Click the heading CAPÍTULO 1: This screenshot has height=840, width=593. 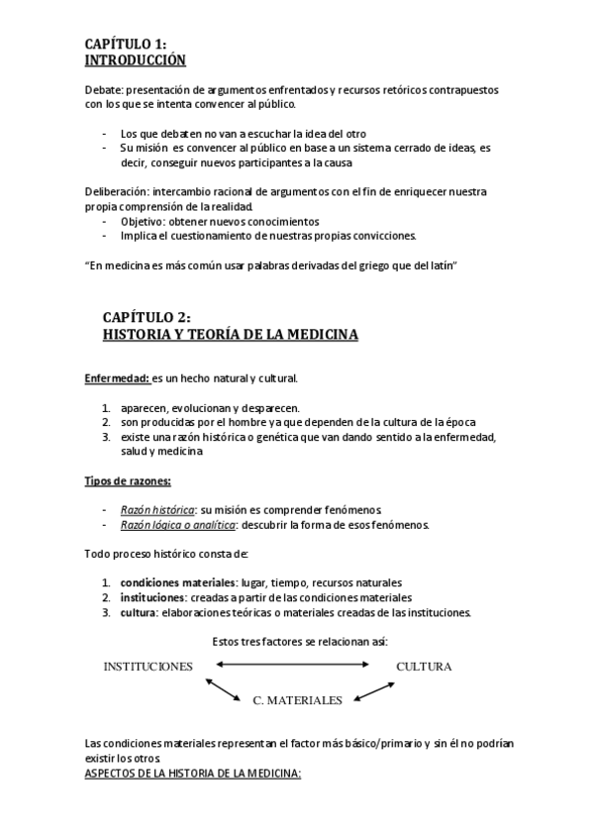click(x=125, y=44)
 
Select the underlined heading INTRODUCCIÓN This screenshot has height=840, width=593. click(x=136, y=59)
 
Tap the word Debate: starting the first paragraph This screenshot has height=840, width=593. click(x=104, y=89)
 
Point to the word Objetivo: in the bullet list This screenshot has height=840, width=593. click(x=146, y=221)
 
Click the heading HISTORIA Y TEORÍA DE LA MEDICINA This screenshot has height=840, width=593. click(x=231, y=335)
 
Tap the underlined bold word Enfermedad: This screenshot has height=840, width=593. click(x=117, y=378)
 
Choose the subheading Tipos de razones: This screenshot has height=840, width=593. click(x=127, y=480)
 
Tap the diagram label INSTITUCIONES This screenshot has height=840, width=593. click(x=148, y=667)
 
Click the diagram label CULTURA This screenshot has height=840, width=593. click(x=424, y=667)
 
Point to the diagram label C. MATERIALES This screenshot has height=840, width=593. click(x=297, y=700)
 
